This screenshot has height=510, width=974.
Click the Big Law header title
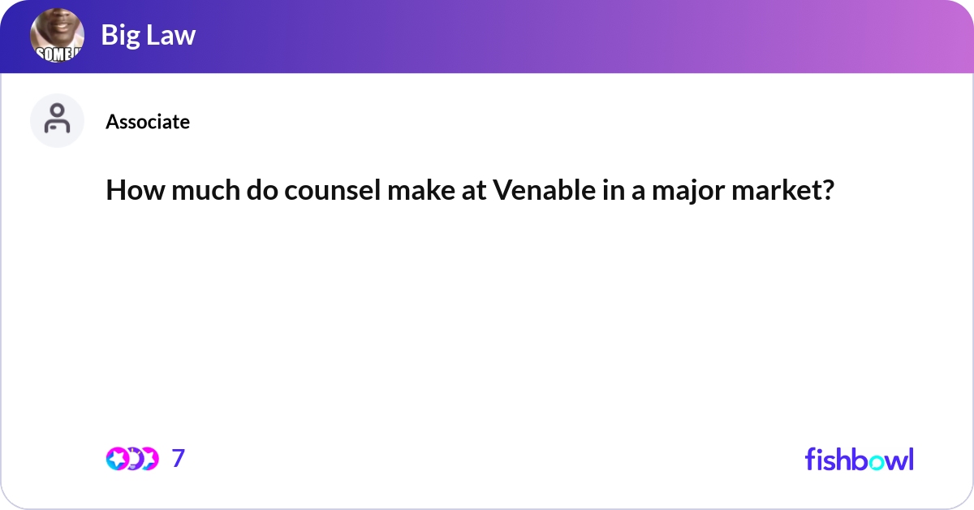pyautogui.click(x=149, y=36)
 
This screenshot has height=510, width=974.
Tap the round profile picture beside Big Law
pyautogui.click(x=57, y=37)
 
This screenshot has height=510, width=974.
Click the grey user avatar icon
pyautogui.click(x=57, y=120)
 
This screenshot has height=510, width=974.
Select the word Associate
pyautogui.click(x=148, y=122)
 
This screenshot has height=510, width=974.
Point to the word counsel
pyautogui.click(x=306, y=191)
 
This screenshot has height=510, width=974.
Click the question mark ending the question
pyautogui.click(x=827, y=191)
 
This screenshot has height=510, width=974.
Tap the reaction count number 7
pyautogui.click(x=179, y=459)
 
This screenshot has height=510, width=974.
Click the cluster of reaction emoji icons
pyautogui.click(x=132, y=459)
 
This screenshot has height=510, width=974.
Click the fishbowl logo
pyautogui.click(x=859, y=459)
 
